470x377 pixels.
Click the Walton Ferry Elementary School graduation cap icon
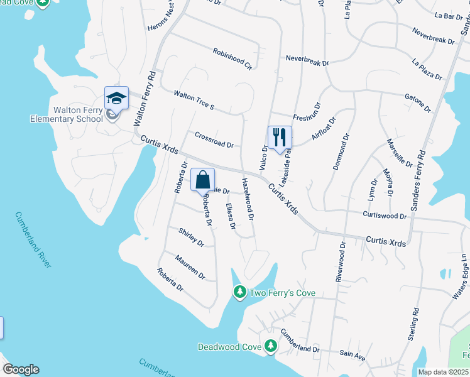tap(116, 98)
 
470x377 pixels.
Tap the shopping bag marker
tap(202, 180)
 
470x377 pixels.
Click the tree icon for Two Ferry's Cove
tap(239, 292)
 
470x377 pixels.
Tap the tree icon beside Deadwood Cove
tap(270, 346)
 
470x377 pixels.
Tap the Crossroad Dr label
tap(214, 139)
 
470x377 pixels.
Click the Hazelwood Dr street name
tap(248, 199)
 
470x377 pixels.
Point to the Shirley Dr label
tap(192, 237)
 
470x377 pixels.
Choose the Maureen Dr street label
tap(190, 267)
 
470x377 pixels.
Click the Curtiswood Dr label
tap(385, 215)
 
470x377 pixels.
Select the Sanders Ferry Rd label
tap(418, 180)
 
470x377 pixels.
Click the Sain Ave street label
tap(352, 356)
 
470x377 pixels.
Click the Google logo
tap(21, 369)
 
